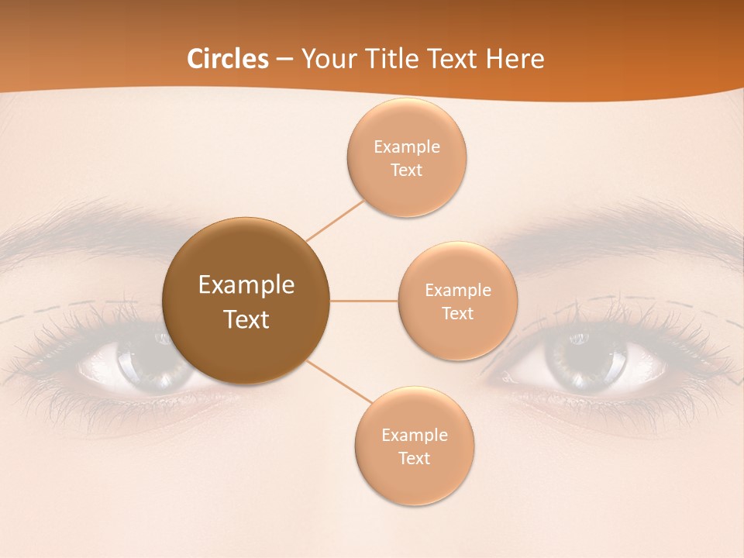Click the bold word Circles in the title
click(228, 59)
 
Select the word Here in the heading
click(515, 59)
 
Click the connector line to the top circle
click(336, 219)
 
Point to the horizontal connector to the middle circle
click(364, 301)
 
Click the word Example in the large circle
click(246, 285)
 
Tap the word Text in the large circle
click(246, 319)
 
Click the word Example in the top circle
click(406, 147)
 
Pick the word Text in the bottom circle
click(414, 459)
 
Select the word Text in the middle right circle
click(457, 314)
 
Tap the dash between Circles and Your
click(284, 59)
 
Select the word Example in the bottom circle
click(414, 436)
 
